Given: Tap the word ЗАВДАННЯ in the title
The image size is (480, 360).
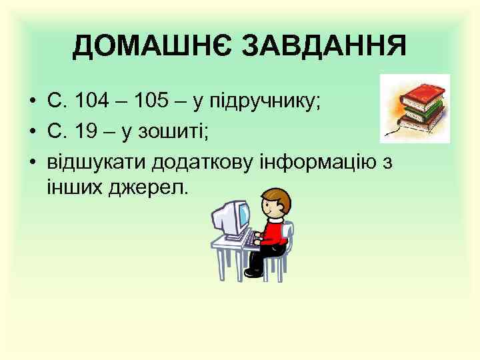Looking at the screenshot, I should pos(323,47).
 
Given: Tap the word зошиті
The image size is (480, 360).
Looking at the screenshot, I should pos(174,131).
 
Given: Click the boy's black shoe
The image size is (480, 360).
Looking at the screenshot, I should pos(253,272).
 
